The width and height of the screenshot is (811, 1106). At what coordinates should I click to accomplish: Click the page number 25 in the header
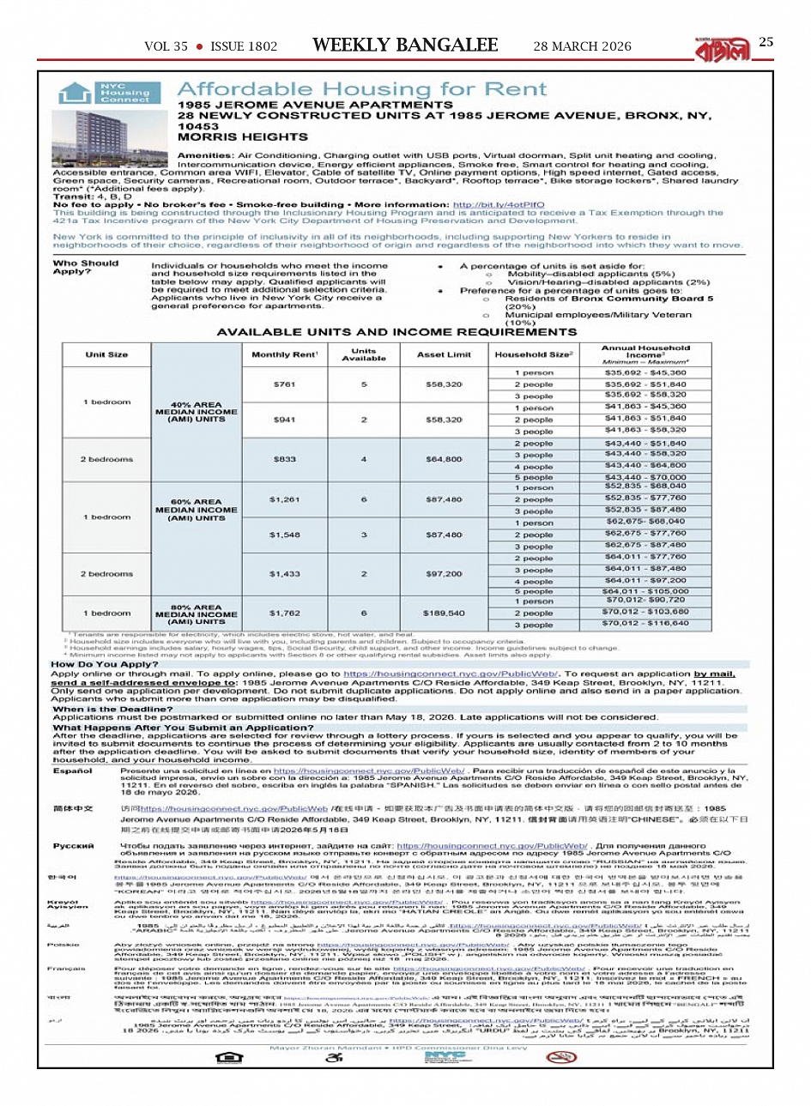[x=766, y=42]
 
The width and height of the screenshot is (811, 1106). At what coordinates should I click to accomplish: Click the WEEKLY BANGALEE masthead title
[x=405, y=45]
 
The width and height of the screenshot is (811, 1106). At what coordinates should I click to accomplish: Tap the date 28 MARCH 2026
[x=582, y=46]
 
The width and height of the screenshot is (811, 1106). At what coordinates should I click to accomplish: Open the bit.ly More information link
[x=498, y=205]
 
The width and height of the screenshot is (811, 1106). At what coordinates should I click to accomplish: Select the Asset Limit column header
[x=444, y=354]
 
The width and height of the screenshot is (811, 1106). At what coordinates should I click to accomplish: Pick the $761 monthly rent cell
[x=284, y=384]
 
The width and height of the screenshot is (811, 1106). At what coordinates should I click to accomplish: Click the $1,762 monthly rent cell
[x=284, y=613]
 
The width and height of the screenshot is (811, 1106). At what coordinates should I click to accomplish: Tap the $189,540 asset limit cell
[x=444, y=613]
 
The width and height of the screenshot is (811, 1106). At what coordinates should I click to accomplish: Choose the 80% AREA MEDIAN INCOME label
[x=197, y=614]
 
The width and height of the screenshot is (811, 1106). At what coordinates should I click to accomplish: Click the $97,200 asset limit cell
[x=444, y=574]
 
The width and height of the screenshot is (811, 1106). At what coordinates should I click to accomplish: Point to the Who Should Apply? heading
[x=86, y=268]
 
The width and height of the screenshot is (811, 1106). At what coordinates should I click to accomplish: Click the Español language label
[x=73, y=771]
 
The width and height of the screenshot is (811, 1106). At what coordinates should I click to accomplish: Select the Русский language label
[x=73, y=846]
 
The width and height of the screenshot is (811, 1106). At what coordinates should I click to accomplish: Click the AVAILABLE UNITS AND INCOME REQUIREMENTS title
[x=396, y=332]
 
